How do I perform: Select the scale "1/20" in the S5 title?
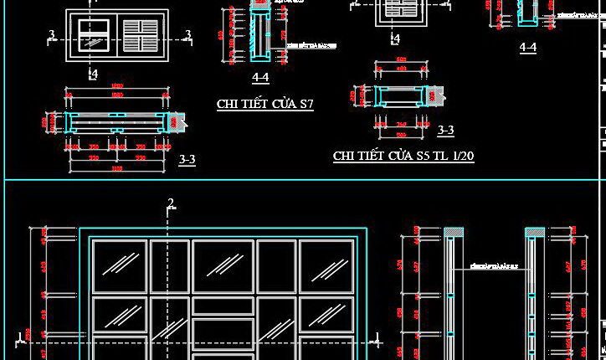462,156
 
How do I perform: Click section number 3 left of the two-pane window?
52,35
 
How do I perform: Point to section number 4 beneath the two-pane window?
94,74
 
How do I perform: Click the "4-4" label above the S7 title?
259,78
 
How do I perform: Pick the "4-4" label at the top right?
527,49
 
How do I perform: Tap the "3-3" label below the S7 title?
187,159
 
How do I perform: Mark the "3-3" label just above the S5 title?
445,130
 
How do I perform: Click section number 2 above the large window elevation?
171,203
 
